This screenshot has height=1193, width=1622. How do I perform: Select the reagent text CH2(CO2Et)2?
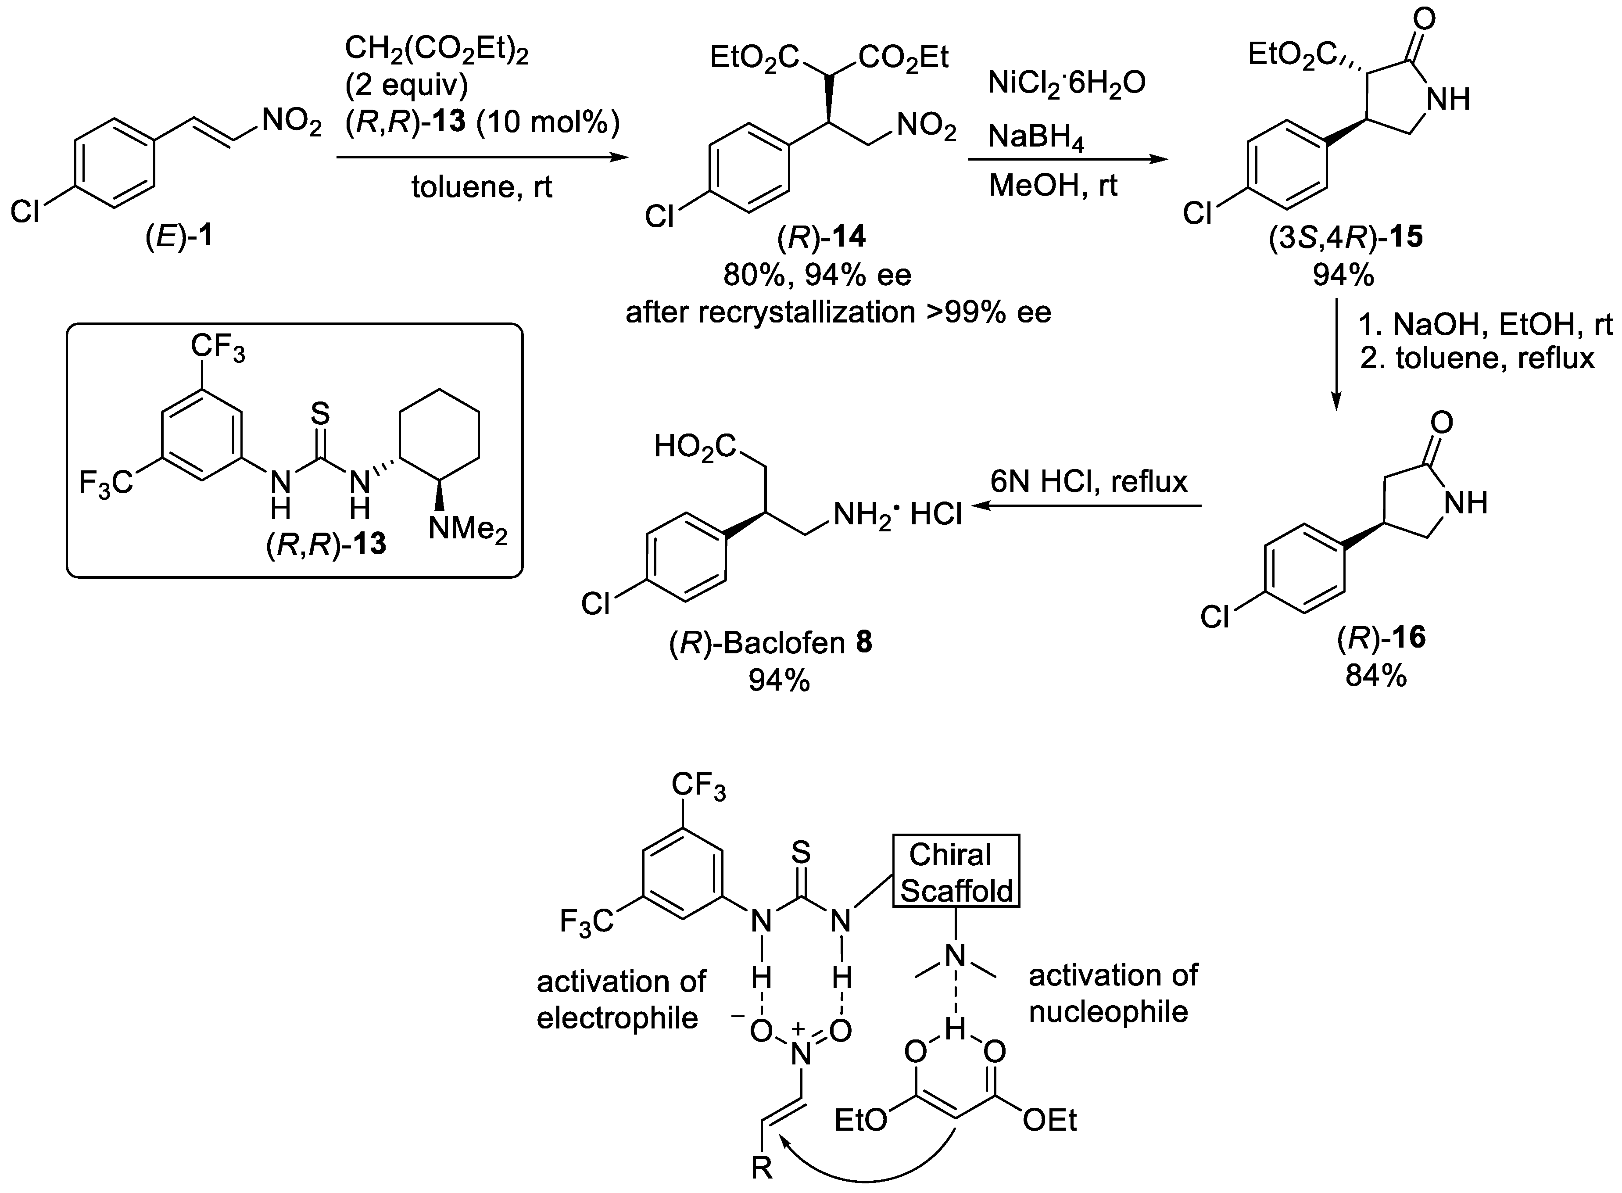436,50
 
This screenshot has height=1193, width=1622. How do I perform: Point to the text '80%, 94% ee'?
817,274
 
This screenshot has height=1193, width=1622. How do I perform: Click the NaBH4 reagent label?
1035,137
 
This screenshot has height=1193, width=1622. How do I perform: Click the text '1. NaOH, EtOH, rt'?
1485,325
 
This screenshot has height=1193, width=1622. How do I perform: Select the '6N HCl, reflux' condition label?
1088,482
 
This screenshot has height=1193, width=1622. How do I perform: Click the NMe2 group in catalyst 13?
467,529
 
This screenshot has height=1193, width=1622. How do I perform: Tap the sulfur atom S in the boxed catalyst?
320,415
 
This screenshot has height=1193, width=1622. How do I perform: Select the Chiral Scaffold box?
956,872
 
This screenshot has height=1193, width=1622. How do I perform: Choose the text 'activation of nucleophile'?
1112,993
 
